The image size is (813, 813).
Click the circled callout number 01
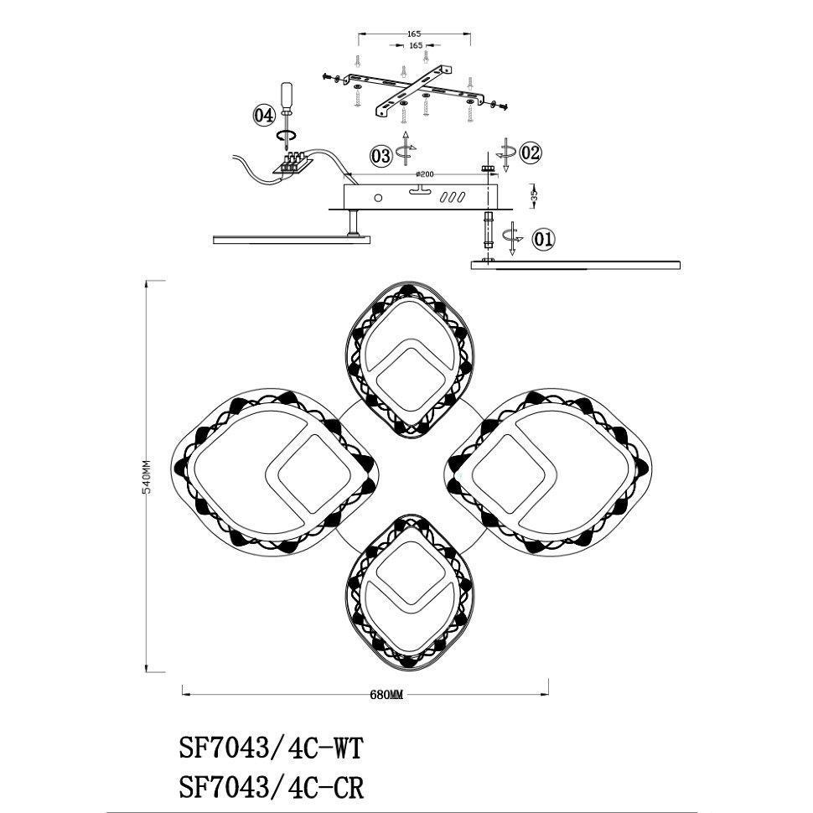click(543, 240)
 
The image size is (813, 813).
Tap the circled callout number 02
click(530, 153)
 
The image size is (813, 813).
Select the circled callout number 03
click(381, 156)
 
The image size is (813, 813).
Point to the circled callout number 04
click(263, 115)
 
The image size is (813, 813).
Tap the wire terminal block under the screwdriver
click(292, 163)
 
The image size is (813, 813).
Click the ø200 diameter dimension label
click(425, 174)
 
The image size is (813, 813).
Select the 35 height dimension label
click(535, 195)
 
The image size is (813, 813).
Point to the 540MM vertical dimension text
click(148, 476)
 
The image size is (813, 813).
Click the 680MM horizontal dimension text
click(386, 695)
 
